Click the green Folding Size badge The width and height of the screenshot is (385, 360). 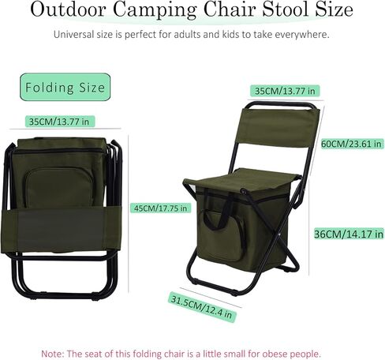(x=65, y=87)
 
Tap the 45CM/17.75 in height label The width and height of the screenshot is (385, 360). (x=161, y=208)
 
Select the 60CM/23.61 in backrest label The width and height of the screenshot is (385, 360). (x=351, y=144)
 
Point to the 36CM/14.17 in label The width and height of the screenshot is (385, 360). (x=349, y=234)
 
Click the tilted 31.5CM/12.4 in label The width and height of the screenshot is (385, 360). (x=202, y=307)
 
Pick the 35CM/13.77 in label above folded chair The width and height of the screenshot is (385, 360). (x=59, y=122)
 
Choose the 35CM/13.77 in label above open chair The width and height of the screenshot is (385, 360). (x=285, y=91)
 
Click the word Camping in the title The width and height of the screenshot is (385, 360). (x=155, y=10)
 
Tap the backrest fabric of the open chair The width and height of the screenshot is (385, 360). (x=279, y=127)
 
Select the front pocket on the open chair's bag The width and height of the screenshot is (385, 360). (x=221, y=234)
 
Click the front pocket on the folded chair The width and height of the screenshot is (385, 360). (x=60, y=188)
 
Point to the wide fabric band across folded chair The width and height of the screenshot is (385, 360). (x=61, y=230)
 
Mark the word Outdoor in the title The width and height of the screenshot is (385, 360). (x=69, y=9)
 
